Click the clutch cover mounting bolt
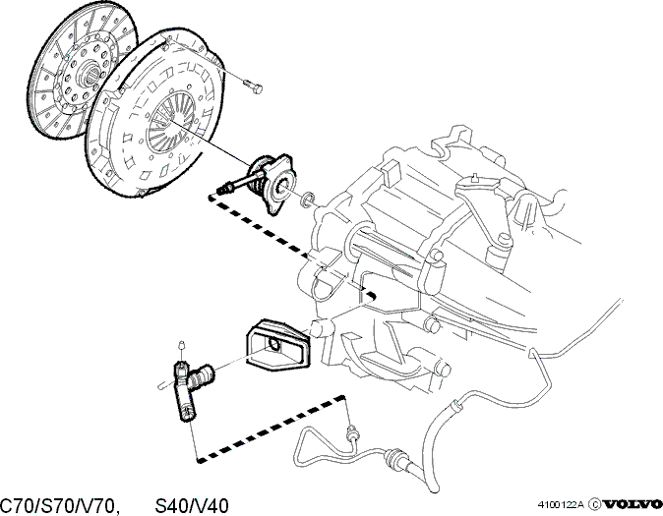[253, 86]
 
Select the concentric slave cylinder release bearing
[271, 183]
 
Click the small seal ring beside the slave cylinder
[307, 200]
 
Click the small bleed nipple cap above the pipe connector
[182, 345]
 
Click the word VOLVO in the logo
[633, 504]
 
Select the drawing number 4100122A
[561, 504]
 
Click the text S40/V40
[192, 506]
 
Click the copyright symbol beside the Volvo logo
[594, 504]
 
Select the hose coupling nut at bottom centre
[394, 456]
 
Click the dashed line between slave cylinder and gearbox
[291, 245]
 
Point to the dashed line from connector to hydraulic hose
[271, 429]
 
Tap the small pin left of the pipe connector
[162, 386]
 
